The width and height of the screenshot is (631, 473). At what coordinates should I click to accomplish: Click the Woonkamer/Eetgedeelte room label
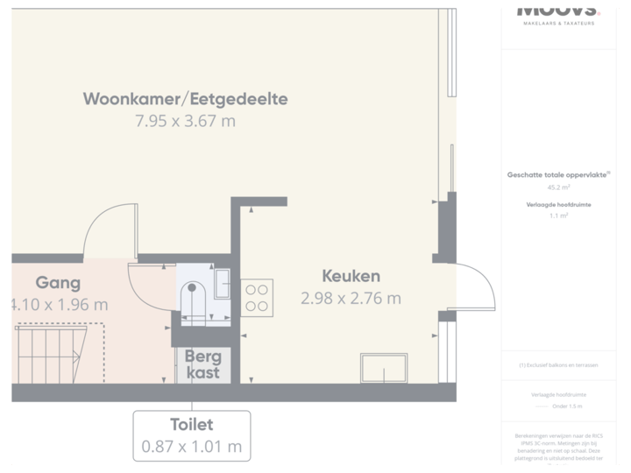coord(185,98)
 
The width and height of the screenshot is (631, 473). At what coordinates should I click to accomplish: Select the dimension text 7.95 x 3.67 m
coord(185,121)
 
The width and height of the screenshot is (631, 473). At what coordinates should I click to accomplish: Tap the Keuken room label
coord(351,276)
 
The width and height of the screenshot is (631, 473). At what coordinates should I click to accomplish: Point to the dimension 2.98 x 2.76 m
coord(351,299)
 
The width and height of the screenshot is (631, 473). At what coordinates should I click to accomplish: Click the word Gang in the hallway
coord(58,282)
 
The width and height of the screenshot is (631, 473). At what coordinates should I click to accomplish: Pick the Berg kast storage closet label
coord(203,365)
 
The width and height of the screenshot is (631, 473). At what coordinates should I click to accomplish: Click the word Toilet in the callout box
coord(191,425)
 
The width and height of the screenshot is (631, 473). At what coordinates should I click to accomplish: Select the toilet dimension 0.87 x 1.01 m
coord(191,446)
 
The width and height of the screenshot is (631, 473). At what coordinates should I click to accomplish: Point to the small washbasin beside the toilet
coord(222,285)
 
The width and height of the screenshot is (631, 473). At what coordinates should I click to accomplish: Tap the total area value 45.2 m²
coord(558,187)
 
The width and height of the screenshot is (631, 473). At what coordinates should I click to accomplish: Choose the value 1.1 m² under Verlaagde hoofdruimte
coord(558,215)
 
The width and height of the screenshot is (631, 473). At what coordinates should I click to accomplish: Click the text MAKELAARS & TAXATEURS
coord(558,23)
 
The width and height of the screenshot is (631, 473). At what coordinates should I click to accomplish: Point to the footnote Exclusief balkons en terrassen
coord(558,364)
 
